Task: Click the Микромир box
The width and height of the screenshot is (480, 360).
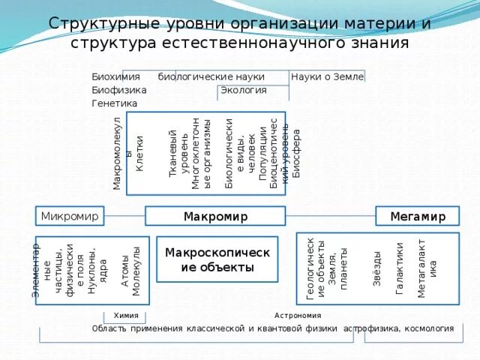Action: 70,217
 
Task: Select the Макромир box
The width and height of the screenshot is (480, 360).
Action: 215,217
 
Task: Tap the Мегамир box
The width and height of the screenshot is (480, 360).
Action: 418,217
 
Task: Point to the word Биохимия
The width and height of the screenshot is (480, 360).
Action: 115,76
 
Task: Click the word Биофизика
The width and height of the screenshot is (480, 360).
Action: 118,90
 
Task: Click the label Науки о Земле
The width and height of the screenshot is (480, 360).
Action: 327,76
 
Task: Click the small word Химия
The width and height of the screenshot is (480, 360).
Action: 126,316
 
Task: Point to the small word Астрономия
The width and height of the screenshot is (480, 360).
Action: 298,316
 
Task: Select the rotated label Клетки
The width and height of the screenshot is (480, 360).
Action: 139,153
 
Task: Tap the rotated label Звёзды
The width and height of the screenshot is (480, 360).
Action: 376,268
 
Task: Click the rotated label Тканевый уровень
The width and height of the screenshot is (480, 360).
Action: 179,153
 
